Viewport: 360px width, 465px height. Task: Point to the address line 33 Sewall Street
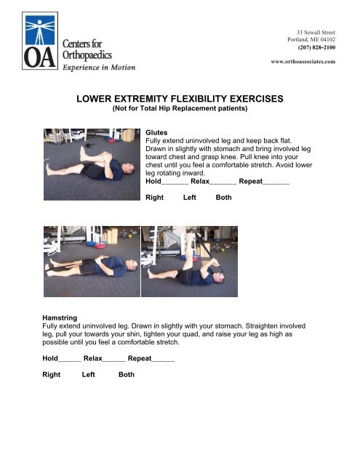point(311,13)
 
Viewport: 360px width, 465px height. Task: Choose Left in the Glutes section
point(191,197)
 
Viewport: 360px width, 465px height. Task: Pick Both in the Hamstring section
point(126,375)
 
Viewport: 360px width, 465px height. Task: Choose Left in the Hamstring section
point(89,375)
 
